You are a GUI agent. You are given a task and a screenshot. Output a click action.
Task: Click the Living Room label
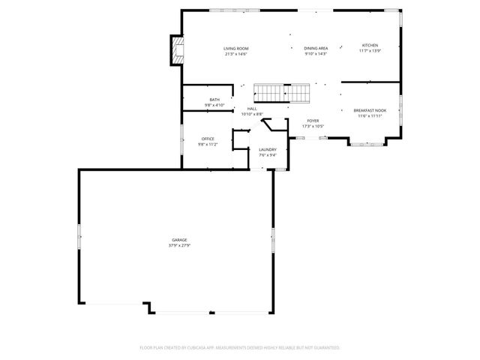(235, 49)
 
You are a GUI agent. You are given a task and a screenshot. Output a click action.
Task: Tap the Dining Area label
(316, 49)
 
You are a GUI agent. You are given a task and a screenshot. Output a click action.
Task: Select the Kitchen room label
(370, 45)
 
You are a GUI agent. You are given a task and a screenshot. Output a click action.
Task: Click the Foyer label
(313, 121)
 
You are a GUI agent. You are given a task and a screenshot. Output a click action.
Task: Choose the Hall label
(252, 109)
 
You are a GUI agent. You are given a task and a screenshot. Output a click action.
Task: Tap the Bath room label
(214, 100)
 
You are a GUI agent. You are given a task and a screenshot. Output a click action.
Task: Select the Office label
(208, 139)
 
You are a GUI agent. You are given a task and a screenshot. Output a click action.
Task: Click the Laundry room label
(268, 150)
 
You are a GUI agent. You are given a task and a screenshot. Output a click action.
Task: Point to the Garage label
(179, 240)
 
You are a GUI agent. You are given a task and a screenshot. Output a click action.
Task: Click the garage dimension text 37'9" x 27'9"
(179, 245)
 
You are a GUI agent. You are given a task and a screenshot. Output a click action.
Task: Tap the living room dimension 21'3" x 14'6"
(235, 54)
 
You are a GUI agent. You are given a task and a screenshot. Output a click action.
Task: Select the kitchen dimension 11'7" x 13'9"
(370, 50)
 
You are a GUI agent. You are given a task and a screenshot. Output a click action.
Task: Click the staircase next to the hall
(282, 94)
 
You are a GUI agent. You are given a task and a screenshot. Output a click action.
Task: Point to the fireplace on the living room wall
(176, 51)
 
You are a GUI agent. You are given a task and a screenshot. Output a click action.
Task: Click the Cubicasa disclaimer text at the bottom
(240, 348)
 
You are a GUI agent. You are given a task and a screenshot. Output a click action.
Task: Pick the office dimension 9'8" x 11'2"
(208, 144)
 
